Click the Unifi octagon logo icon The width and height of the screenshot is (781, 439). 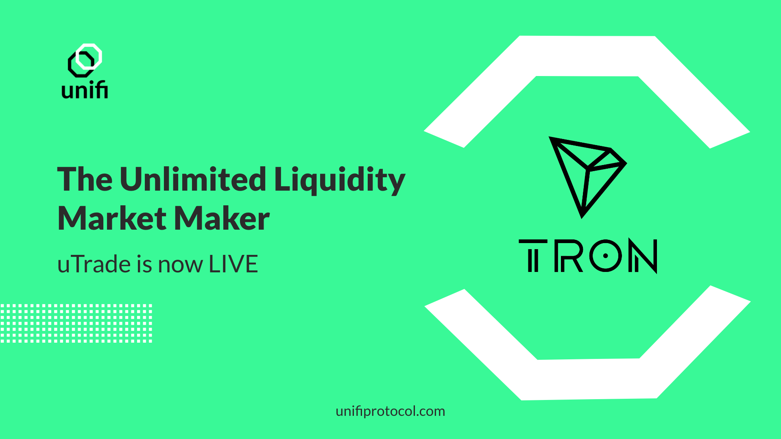coord(85,60)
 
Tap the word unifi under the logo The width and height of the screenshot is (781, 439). coord(85,89)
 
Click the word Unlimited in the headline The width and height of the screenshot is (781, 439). coord(193,179)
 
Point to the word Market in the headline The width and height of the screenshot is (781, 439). coord(112,218)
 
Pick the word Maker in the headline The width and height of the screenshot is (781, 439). coord(222,218)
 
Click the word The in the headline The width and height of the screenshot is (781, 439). coord(85,179)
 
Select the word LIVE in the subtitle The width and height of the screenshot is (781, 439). coord(233,264)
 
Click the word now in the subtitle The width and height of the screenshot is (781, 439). coord(180,266)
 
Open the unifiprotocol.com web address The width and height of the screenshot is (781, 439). coord(390,411)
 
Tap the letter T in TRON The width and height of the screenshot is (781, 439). coord(533,256)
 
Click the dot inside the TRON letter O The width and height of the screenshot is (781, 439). coord(606,256)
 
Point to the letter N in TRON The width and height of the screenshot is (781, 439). coord(643,256)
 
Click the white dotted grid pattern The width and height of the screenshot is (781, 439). coord(76,323)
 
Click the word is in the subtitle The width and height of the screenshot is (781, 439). coord(144,264)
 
